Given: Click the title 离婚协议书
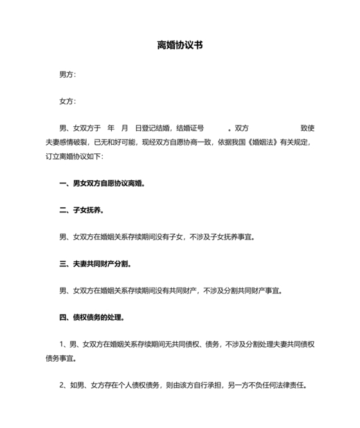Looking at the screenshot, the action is coord(180,46).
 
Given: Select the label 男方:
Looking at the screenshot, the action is coord(67,75).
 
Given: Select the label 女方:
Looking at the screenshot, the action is coord(67,101).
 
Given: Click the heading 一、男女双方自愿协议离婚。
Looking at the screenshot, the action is coord(102,183).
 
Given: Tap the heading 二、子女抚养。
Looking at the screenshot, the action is coord(82,210).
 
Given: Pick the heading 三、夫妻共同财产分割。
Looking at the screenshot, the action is coord(96,264).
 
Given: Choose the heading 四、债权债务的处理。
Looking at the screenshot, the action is coord(92,317).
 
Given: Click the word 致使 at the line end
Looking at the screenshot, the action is coord(307,128).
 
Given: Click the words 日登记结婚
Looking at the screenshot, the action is coord(152,128).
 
